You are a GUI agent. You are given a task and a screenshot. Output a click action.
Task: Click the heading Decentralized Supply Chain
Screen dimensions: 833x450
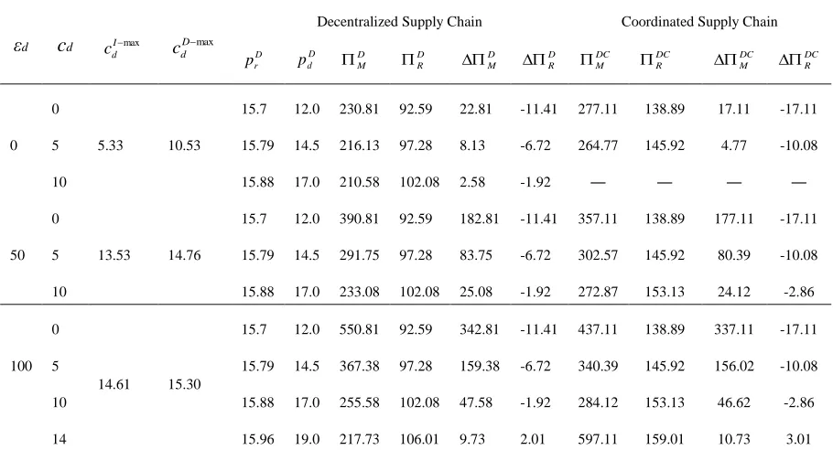(x=399, y=22)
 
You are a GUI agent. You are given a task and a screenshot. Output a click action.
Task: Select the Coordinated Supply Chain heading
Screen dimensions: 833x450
(x=699, y=22)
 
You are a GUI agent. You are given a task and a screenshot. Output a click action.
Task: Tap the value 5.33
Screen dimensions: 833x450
(x=111, y=145)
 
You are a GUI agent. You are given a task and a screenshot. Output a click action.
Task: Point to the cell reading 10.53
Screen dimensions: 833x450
(x=184, y=145)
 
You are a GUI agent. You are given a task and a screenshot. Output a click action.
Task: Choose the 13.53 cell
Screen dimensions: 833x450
(x=114, y=255)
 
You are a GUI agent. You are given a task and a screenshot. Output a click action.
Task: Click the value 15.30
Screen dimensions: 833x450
(x=184, y=384)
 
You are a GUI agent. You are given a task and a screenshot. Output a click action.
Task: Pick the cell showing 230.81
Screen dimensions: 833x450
(x=359, y=109)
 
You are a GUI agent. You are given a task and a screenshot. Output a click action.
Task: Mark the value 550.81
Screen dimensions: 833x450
(x=359, y=329)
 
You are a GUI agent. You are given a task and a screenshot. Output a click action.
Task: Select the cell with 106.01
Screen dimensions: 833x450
(x=419, y=439)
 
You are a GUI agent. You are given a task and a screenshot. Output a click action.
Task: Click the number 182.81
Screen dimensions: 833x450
(x=479, y=219)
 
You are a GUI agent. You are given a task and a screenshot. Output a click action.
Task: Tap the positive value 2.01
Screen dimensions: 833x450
(x=533, y=439)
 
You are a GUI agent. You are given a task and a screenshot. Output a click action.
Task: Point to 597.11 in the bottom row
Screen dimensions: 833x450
(x=598, y=439)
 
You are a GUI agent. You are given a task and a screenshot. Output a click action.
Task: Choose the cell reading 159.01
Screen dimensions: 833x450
(x=665, y=439)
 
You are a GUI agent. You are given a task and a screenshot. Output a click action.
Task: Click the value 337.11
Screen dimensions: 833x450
(x=733, y=329)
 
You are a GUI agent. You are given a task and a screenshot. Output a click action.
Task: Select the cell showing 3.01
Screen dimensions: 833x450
(x=798, y=439)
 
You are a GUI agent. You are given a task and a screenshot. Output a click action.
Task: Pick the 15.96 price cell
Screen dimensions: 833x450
(x=257, y=439)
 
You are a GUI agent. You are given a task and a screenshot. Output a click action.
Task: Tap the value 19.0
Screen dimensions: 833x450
(x=307, y=439)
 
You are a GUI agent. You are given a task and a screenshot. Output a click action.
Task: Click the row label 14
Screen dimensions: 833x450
(x=59, y=439)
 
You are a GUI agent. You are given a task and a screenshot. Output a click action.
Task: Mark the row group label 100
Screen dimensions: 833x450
(x=21, y=366)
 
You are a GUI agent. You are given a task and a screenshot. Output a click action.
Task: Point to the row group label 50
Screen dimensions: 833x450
(x=17, y=255)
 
